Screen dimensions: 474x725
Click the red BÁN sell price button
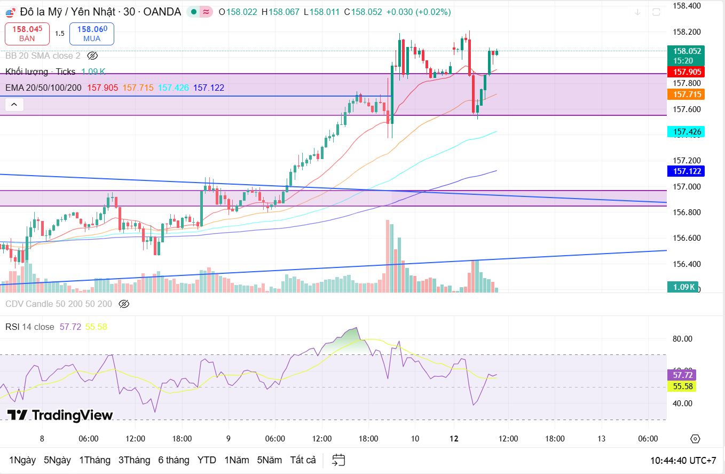(x=27, y=33)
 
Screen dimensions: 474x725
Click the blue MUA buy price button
(x=92, y=33)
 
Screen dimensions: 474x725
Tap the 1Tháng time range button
(x=94, y=460)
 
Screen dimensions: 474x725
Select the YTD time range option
(x=207, y=460)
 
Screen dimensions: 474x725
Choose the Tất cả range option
(x=303, y=460)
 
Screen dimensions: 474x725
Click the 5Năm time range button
(x=269, y=460)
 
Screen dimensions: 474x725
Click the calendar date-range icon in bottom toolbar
(x=338, y=460)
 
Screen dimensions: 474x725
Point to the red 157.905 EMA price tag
(x=688, y=72)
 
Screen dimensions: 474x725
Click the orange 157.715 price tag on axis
(x=688, y=94)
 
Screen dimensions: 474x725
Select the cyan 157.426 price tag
(x=688, y=132)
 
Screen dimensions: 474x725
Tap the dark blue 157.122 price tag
(x=688, y=171)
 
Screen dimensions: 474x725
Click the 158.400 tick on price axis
(x=687, y=6)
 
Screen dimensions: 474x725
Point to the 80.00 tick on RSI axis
(x=682, y=338)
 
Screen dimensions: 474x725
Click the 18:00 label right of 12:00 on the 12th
(x=555, y=439)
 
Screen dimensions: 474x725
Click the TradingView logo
(x=60, y=415)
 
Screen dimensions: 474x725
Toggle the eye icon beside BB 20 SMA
(x=92, y=56)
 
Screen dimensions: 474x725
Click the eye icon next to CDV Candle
(x=124, y=304)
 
